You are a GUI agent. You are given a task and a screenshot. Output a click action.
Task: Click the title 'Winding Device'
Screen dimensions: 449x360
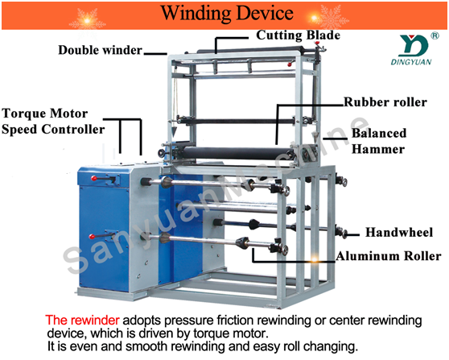[227, 13]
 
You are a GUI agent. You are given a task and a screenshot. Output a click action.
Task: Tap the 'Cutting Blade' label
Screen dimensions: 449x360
[298, 35]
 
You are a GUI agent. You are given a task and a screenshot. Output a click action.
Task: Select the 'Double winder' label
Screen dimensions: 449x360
[101, 50]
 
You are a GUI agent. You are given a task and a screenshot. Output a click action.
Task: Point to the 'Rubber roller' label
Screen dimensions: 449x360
[385, 102]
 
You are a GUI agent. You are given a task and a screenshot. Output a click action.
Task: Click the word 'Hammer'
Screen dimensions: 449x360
[378, 149]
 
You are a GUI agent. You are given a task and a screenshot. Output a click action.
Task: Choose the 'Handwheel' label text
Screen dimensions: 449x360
[399, 232]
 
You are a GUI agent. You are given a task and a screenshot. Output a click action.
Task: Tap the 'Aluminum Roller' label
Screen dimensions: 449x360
[389, 256]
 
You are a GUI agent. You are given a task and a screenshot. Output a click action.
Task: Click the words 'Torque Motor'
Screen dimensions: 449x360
[45, 114]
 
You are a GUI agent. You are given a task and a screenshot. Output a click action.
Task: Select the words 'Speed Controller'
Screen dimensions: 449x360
[53, 130]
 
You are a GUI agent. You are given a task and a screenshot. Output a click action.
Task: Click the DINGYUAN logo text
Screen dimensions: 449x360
[411, 62]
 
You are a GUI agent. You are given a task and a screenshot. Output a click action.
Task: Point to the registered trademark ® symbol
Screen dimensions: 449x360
[435, 35]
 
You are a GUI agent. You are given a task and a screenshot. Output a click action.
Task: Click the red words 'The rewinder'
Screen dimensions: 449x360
[82, 320]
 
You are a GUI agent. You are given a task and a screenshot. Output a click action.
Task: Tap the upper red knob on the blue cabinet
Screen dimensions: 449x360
[93, 178]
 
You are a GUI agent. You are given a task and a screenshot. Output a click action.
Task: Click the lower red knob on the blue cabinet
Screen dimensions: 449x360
[92, 237]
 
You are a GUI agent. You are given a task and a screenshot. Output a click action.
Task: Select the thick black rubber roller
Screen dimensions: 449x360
[237, 153]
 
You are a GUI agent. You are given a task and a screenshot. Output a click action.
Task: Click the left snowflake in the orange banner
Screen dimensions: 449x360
[88, 21]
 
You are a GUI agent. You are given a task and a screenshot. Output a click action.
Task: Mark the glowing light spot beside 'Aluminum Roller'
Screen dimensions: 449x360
[315, 259]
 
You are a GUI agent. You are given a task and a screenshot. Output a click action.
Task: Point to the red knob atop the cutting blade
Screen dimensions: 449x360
[317, 43]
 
